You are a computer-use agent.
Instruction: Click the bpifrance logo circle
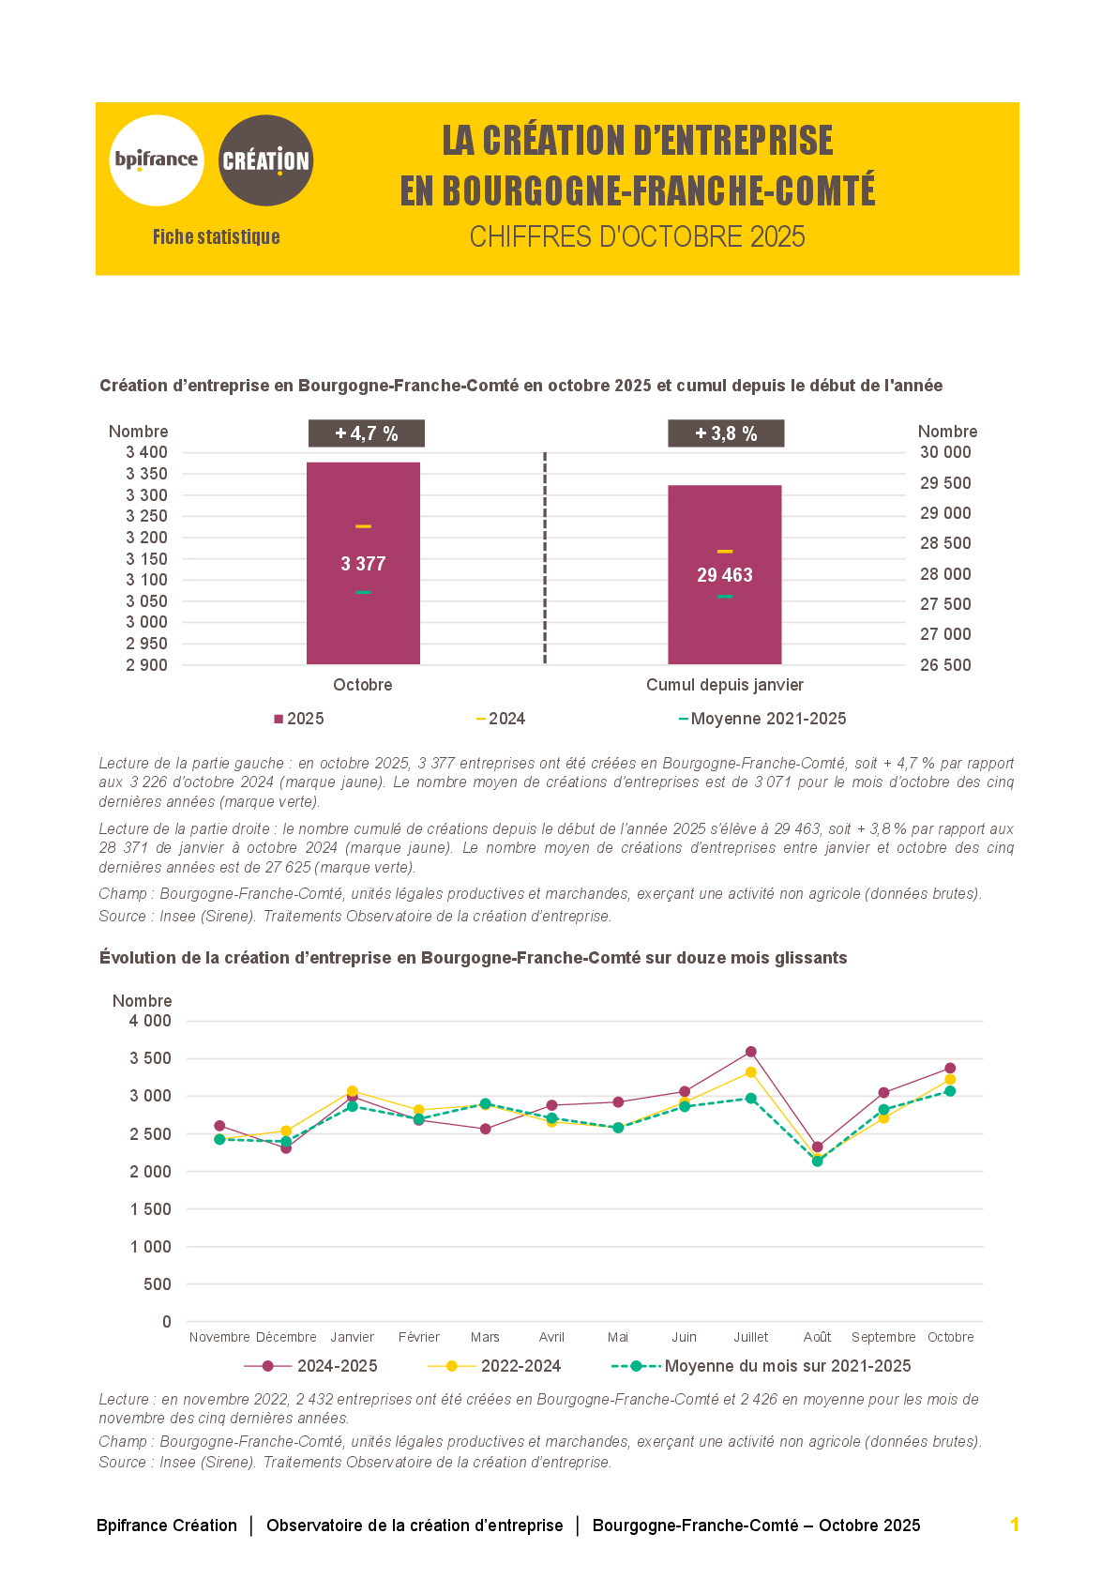[x=157, y=160]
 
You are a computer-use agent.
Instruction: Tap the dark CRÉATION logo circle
[x=265, y=160]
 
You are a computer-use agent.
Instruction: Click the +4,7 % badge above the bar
[x=367, y=433]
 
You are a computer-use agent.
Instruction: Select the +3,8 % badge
[x=726, y=433]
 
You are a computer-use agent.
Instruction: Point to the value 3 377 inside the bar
[x=363, y=564]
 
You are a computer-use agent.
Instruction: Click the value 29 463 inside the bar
[x=725, y=575]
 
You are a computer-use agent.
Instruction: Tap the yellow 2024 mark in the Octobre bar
[x=363, y=526]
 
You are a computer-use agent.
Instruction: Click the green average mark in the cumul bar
[x=725, y=596]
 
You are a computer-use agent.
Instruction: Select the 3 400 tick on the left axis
[x=147, y=452]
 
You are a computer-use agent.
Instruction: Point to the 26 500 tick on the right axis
[x=945, y=665]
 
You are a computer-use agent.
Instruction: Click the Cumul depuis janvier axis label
[x=725, y=685]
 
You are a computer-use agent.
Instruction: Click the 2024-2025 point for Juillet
[x=751, y=1052]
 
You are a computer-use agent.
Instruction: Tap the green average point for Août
[x=818, y=1161]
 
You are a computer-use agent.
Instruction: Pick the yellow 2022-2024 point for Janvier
[x=353, y=1091]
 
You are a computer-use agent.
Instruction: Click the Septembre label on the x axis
[x=883, y=1337]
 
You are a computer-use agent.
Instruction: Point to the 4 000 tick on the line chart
[x=151, y=1021]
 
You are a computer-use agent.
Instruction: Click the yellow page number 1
[x=1015, y=1525]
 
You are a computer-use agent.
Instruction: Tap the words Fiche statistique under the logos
[x=217, y=237]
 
